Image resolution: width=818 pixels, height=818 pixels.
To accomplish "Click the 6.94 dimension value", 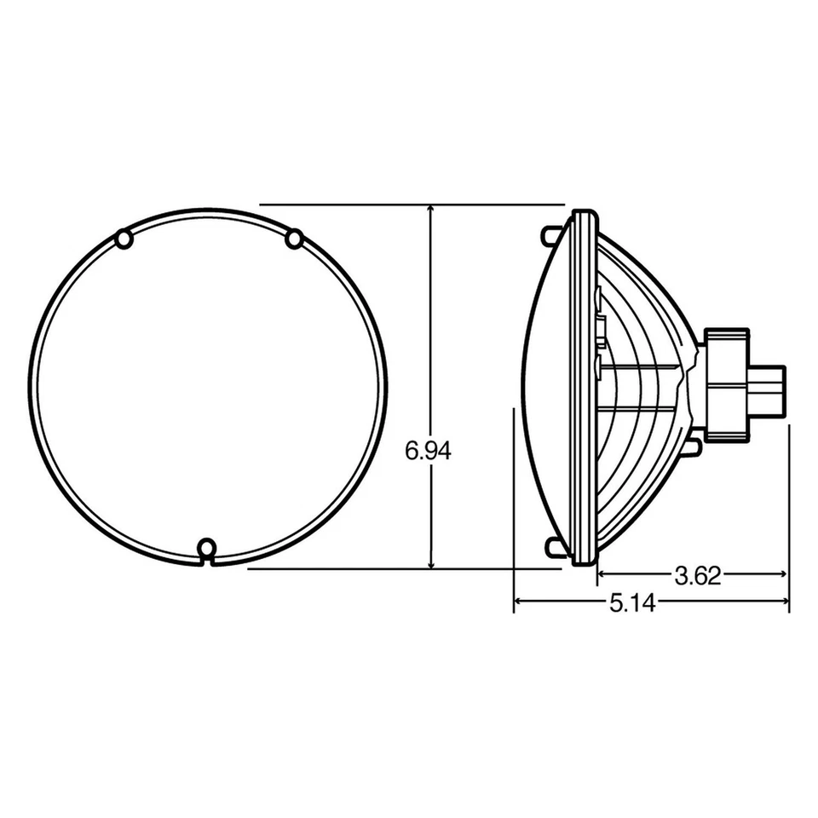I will [428, 452].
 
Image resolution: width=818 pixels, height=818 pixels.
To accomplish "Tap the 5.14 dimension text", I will [631, 604].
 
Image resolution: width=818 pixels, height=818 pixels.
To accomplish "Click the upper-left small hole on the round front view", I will [124, 239].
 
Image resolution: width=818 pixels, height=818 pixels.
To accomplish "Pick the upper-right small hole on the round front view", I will [295, 239].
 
